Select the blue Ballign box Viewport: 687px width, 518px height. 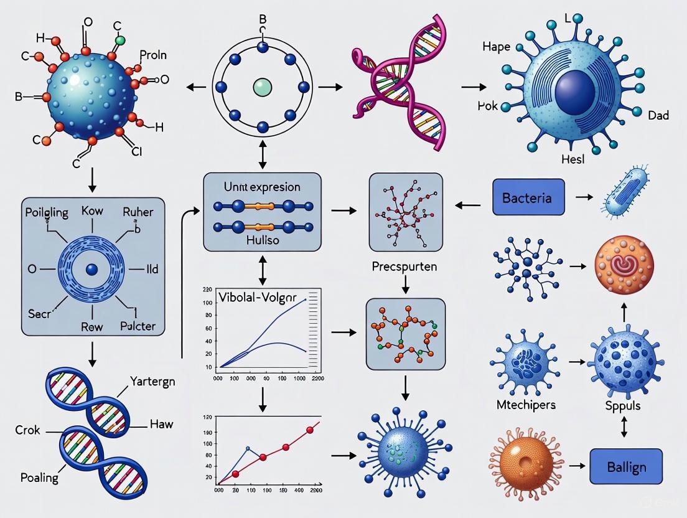pos(626,466)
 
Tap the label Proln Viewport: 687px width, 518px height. pos(153,55)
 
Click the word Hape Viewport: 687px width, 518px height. pos(497,47)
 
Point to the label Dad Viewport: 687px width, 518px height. pos(658,116)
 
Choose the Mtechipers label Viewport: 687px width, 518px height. pos(526,405)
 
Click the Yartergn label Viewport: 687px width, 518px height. pos(152,381)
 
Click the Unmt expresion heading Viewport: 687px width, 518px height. pos(262,187)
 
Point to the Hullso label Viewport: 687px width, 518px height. pos(261,239)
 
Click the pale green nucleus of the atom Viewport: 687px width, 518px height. pos(262,87)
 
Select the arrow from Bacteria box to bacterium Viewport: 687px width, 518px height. pos(584,197)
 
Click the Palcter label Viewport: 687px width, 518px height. pos(138,325)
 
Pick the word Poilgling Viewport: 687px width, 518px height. pos(47,212)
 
